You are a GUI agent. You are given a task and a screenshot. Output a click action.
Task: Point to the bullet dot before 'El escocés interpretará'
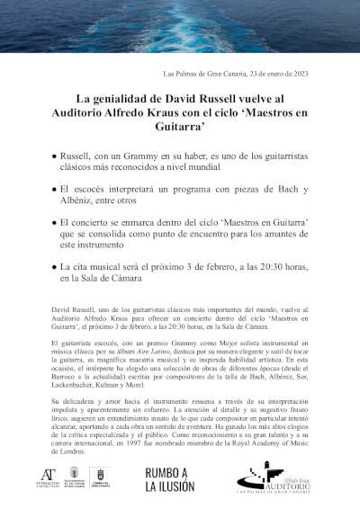pos(55,190)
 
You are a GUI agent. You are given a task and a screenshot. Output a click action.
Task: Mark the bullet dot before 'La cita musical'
pos(55,267)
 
